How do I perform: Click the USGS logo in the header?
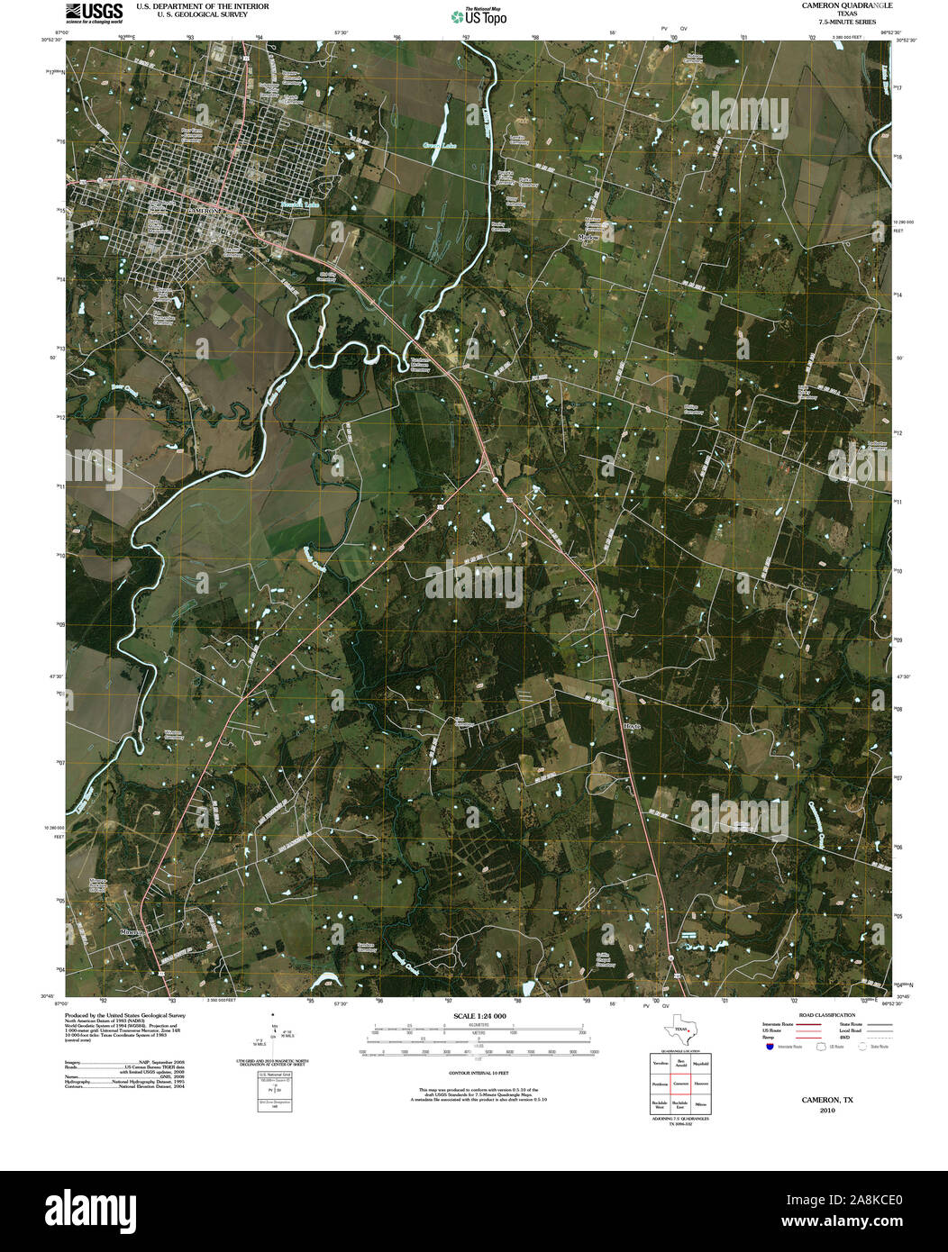pos(94,12)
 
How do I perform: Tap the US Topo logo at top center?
pos(479,15)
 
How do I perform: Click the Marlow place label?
pos(588,238)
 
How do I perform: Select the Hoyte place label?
pos(631,726)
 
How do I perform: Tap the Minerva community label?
pos(132,933)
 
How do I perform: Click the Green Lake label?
pos(442,145)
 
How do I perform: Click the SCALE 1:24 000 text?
pos(480,1016)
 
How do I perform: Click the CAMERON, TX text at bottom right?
pos(827,1100)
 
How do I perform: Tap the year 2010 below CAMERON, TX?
pos(827,1111)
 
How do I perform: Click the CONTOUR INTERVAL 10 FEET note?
pos(480,1074)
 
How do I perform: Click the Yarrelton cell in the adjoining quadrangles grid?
pos(660,1063)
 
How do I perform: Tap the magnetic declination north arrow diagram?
pos(274,1038)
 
